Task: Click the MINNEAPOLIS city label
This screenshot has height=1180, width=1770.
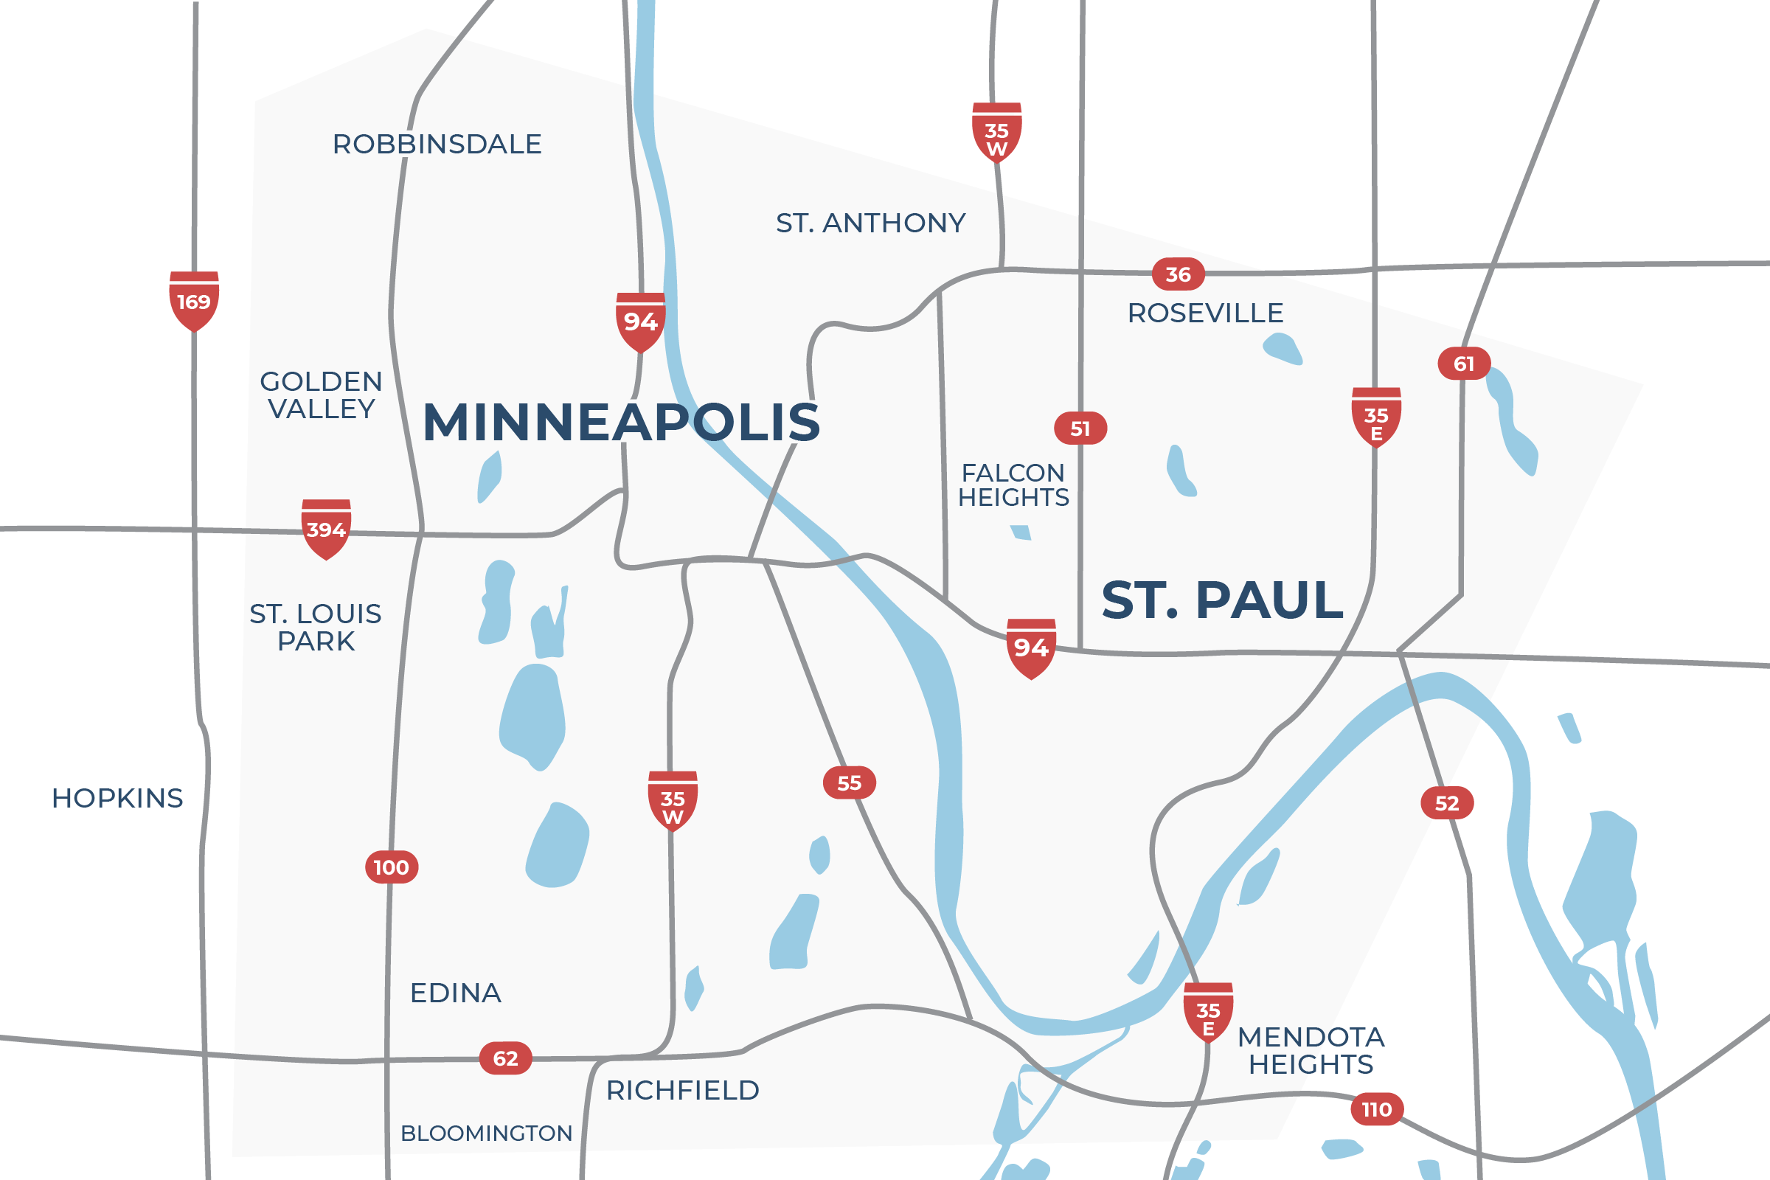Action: [x=621, y=422]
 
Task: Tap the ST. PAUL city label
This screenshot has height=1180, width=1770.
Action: [x=1222, y=600]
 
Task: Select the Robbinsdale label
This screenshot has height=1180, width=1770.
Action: [x=437, y=144]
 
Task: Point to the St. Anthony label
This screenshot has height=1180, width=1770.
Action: [x=871, y=223]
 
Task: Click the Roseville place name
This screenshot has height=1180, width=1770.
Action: [x=1205, y=313]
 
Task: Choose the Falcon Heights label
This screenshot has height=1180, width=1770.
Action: [x=1013, y=485]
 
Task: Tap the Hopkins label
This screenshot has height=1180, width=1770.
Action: [x=117, y=799]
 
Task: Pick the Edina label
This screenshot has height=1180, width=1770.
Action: [x=455, y=993]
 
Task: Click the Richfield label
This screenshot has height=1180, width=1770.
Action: [x=683, y=1091]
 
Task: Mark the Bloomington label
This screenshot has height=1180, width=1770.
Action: [x=486, y=1134]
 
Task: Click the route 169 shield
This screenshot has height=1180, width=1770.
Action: [x=194, y=301]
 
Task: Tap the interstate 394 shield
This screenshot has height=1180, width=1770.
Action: [x=326, y=529]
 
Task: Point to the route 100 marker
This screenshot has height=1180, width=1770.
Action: [x=392, y=868]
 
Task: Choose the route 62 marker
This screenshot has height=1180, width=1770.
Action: [x=506, y=1059]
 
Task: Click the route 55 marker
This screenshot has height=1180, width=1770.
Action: [x=850, y=783]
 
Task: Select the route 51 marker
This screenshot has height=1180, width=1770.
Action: [x=1080, y=428]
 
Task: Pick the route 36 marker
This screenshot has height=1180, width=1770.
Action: [x=1178, y=274]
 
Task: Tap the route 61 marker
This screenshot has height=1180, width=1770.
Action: [x=1464, y=364]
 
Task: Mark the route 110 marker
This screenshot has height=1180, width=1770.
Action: [x=1376, y=1109]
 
